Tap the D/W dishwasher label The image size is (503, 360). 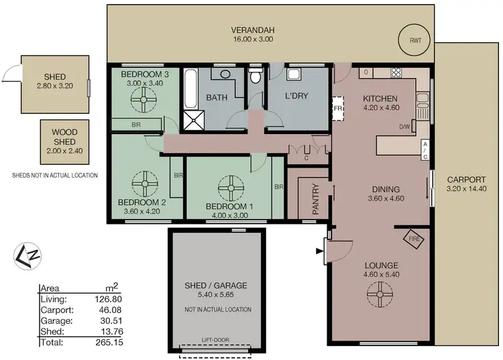(x=404, y=126)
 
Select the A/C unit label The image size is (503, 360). (x=425, y=150)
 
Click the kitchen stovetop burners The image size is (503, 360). (x=396, y=72)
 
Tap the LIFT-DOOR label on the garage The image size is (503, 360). (x=216, y=341)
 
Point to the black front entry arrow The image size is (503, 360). (x=318, y=251)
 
